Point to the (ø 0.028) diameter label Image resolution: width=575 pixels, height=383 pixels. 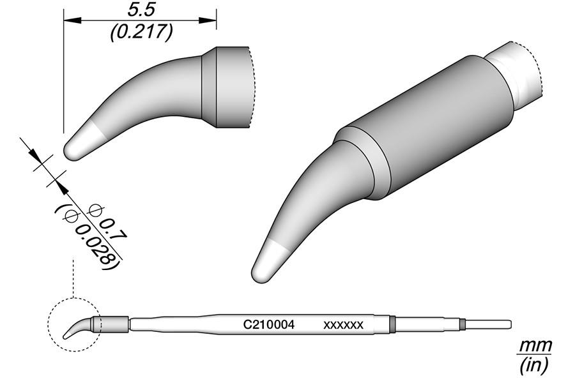[x=89, y=236]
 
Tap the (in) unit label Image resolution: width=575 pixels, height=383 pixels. [x=533, y=365]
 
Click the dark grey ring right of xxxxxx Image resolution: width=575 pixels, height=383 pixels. [x=392, y=324]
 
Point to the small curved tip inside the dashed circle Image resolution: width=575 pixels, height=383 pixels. [x=77, y=328]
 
